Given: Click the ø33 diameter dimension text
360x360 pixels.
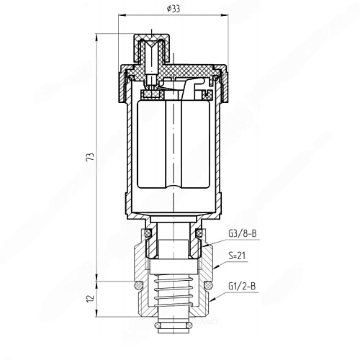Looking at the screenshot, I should point(173,8).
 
